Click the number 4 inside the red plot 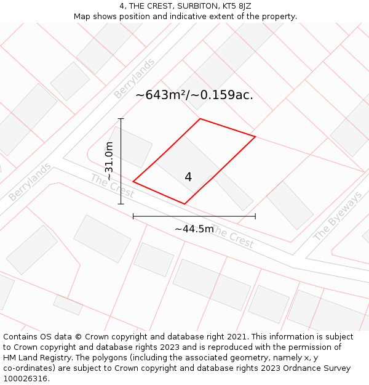pos(188,177)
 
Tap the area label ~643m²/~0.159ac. pos(194,95)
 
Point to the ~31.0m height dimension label pos(109,161)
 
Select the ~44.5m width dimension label pos(194,229)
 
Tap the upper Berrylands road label pos(135,78)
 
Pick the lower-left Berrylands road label pos(30,182)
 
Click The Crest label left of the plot pos(112,186)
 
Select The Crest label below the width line pos(232,238)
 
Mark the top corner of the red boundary pos(200,119)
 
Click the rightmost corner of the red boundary pos(255,136)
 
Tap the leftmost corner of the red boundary pos(133,182)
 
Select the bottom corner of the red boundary pos(184,204)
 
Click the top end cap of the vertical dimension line pos(121,119)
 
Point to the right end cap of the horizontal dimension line pos(255,216)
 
